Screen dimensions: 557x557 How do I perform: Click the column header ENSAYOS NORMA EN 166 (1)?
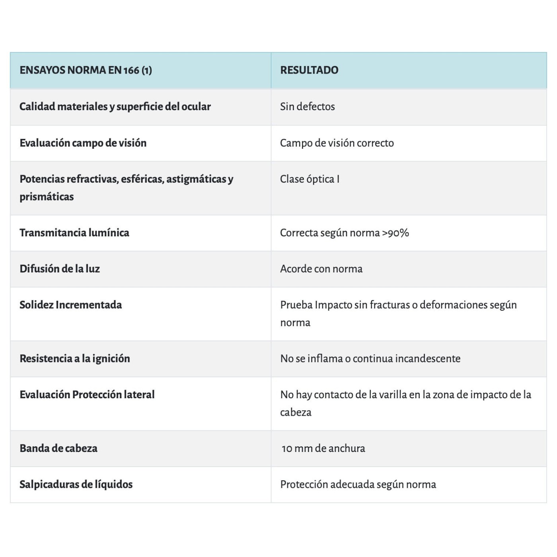point(86,70)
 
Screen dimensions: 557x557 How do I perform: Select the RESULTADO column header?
point(309,70)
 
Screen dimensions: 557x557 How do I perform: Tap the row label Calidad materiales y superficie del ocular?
point(115,107)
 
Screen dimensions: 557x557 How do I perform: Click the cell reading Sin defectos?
point(307,107)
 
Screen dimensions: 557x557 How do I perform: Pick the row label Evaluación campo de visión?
point(83,143)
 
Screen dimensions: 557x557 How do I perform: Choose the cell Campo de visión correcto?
point(337,143)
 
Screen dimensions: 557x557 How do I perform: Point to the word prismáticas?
point(47,197)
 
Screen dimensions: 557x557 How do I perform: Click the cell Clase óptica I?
point(310,179)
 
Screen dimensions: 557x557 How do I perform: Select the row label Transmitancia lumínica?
point(74,233)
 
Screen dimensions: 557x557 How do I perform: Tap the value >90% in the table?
point(395,233)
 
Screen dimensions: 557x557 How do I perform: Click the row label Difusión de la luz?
point(60,269)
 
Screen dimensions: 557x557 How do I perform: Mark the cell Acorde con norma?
point(321,269)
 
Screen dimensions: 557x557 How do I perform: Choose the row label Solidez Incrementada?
point(70,305)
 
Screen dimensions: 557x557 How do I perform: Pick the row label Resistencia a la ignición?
point(75,358)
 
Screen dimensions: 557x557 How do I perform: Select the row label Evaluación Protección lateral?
point(87,395)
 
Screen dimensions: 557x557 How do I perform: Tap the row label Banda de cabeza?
point(58,448)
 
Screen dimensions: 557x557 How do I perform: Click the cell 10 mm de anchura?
point(323,448)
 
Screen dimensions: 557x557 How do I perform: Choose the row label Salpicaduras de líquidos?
point(76,485)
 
